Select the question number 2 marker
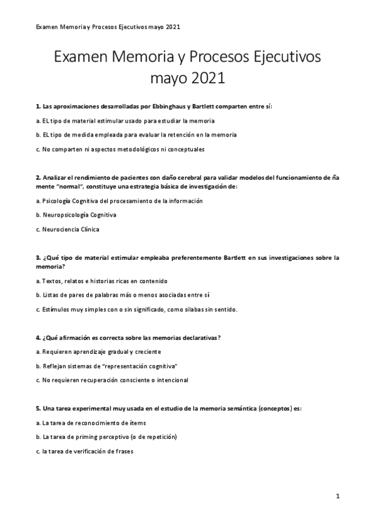(38, 178)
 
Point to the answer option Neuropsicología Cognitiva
(80, 215)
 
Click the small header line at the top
(108, 28)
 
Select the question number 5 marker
(38, 408)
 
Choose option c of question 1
(120, 149)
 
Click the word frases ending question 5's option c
(125, 451)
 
